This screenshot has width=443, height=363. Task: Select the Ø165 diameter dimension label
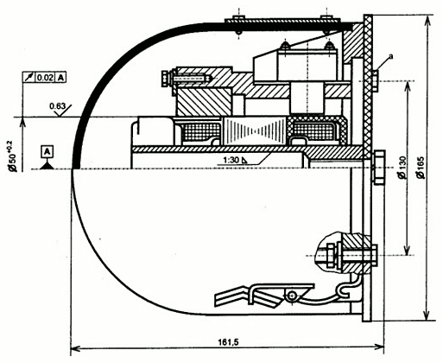coord(421,168)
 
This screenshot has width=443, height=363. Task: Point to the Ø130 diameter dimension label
coord(402,168)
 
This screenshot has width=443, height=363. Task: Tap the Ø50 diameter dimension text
coord(14,156)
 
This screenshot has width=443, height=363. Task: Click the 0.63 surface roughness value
coord(58,106)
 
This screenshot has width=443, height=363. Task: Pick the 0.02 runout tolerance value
coord(45,78)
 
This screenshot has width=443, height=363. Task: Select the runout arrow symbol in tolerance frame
coord(29,78)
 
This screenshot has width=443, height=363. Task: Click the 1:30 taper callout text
coord(232,160)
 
